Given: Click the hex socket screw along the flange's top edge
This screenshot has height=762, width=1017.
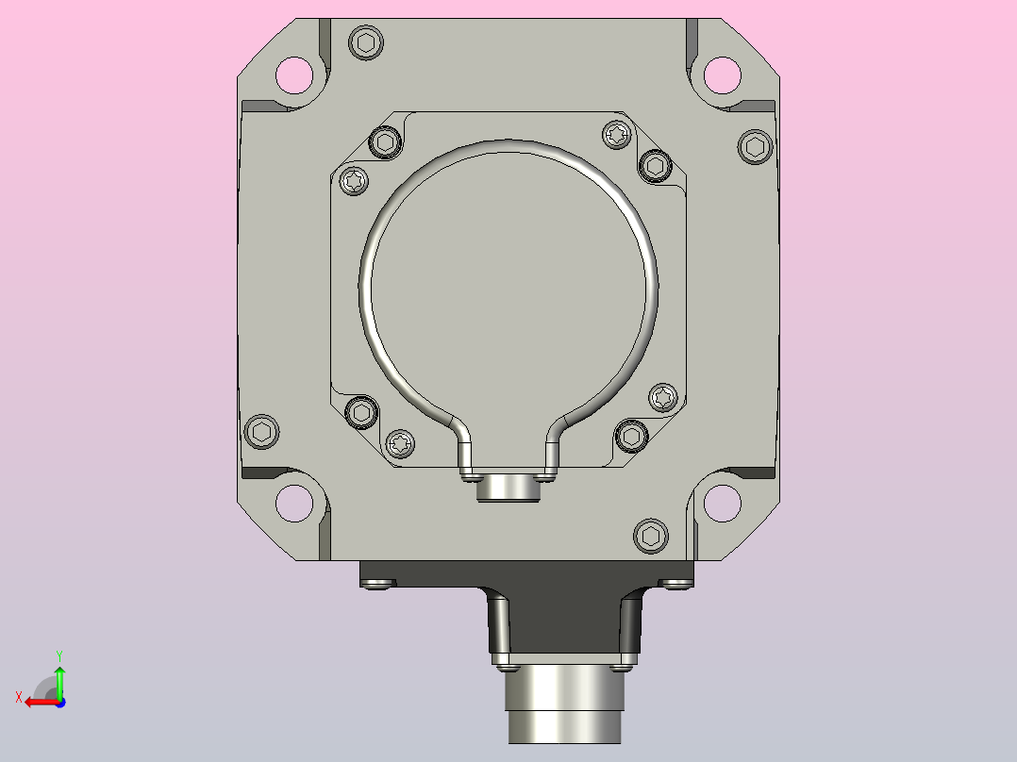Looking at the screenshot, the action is (x=366, y=42).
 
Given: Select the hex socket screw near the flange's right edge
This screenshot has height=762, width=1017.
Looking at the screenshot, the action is (x=755, y=146).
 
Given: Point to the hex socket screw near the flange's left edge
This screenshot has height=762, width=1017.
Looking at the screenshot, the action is (x=262, y=431).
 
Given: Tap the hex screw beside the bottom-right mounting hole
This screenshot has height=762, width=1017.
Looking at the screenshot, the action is (x=651, y=537).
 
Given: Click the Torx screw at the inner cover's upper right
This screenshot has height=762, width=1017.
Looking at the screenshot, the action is (x=617, y=135).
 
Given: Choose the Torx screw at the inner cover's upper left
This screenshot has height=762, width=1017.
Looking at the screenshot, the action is (x=354, y=180).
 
